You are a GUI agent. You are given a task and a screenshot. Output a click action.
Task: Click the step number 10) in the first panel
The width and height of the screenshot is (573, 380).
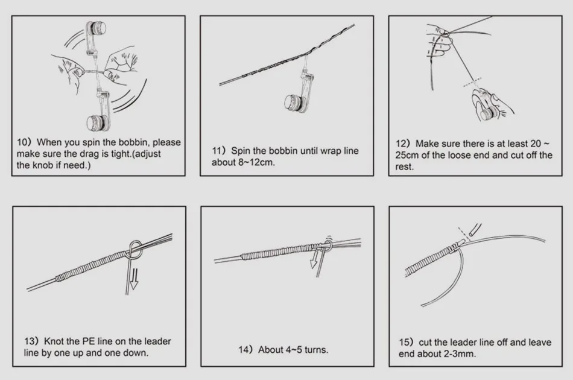click(24, 142)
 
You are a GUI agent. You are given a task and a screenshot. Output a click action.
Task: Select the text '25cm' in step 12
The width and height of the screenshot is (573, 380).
click(407, 155)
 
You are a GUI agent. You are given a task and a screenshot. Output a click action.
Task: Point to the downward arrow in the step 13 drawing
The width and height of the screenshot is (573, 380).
click(134, 279)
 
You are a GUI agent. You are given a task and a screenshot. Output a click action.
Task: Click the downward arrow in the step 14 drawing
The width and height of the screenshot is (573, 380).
click(313, 259)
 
